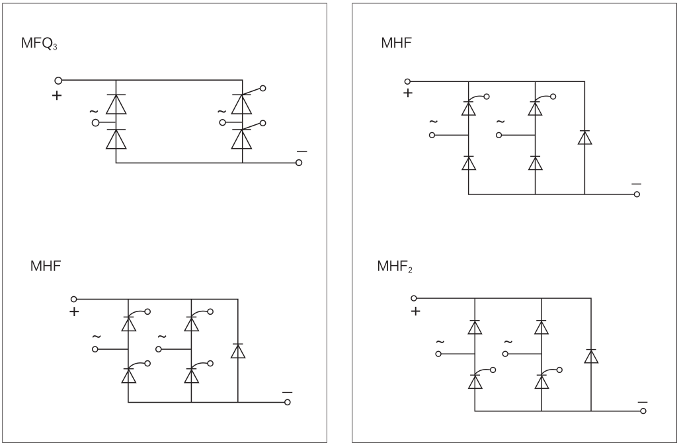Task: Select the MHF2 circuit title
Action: pos(394,267)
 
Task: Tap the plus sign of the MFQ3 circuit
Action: pos(57,95)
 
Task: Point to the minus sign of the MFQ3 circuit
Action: pos(301,152)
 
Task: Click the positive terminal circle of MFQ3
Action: pos(57,80)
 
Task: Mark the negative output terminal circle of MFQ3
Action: pos(299,163)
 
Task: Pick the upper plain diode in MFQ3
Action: pos(116,104)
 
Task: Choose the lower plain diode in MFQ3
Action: pos(116,139)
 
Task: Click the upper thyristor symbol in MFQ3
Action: pos(243,104)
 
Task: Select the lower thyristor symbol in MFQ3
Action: pos(243,139)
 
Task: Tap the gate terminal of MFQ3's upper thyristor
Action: pos(264,88)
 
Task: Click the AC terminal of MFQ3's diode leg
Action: pos(96,122)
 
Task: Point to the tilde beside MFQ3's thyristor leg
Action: pos(221,112)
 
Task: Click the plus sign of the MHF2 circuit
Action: pos(415,311)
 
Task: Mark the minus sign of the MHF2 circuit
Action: pos(643,401)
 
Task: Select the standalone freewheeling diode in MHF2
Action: pos(591,356)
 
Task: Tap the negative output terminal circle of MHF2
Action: pos(643,411)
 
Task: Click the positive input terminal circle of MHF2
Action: pos(415,298)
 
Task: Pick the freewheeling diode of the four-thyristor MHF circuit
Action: pos(237,351)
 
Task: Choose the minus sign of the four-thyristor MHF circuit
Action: pos(287,391)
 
